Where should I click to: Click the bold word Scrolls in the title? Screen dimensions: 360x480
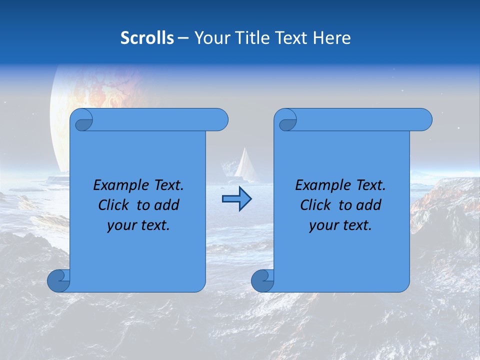(147, 38)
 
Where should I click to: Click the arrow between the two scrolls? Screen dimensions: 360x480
(236, 199)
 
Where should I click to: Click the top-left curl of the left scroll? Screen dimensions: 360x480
(83, 120)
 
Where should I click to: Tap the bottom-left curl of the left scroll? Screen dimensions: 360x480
(59, 280)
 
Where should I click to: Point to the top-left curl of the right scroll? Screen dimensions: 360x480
(287, 120)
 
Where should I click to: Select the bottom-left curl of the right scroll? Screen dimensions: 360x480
(263, 280)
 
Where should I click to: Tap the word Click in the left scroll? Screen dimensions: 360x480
(114, 205)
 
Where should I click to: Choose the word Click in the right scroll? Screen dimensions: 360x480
(315, 205)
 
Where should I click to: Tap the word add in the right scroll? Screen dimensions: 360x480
(368, 205)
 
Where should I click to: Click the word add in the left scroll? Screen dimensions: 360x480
(166, 205)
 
